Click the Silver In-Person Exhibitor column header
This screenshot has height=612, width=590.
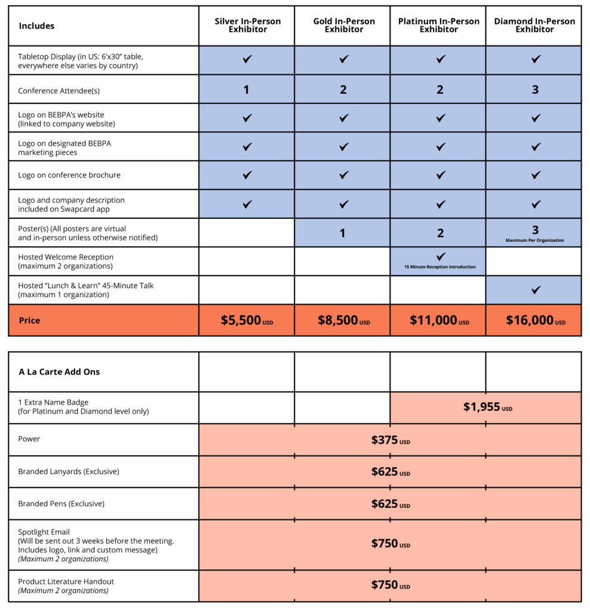pyautogui.click(x=247, y=25)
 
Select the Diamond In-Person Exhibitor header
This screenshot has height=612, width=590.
pyautogui.click(x=534, y=25)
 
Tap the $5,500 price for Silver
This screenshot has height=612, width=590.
pyautogui.click(x=241, y=320)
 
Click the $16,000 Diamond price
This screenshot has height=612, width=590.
pyautogui.click(x=530, y=320)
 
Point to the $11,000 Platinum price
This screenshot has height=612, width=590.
pyautogui.click(x=434, y=320)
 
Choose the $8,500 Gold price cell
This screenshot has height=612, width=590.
pyautogui.click(x=337, y=320)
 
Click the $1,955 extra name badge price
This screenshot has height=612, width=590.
pyautogui.click(x=482, y=408)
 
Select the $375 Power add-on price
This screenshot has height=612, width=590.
pyautogui.click(x=385, y=440)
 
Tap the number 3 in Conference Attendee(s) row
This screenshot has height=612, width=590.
pyautogui.click(x=535, y=90)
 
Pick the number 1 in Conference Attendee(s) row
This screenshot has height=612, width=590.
pyautogui.click(x=246, y=90)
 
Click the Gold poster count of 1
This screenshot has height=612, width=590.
pyautogui.click(x=343, y=233)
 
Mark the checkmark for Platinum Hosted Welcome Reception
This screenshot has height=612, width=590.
pyautogui.click(x=441, y=256)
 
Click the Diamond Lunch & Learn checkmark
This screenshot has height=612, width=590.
pyautogui.click(x=536, y=290)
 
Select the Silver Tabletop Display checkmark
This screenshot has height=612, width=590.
pyautogui.click(x=247, y=59)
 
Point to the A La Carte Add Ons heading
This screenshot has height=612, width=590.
pyautogui.click(x=59, y=372)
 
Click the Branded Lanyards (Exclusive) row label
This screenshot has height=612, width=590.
pyautogui.click(x=69, y=472)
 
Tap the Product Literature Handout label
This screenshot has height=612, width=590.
pyautogui.click(x=66, y=582)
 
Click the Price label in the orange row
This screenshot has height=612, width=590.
pyautogui.click(x=29, y=320)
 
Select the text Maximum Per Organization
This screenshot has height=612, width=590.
pyautogui.click(x=535, y=240)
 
